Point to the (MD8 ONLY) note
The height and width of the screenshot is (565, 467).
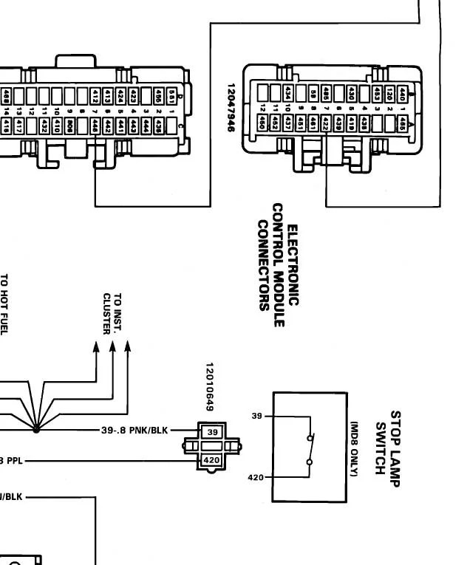[x=354, y=448]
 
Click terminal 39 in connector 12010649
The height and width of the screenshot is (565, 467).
[x=212, y=431]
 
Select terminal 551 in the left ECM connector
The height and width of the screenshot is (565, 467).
[x=171, y=96]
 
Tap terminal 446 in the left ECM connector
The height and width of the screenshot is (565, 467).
[x=95, y=126]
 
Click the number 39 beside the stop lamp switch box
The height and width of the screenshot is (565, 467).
[x=257, y=417]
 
